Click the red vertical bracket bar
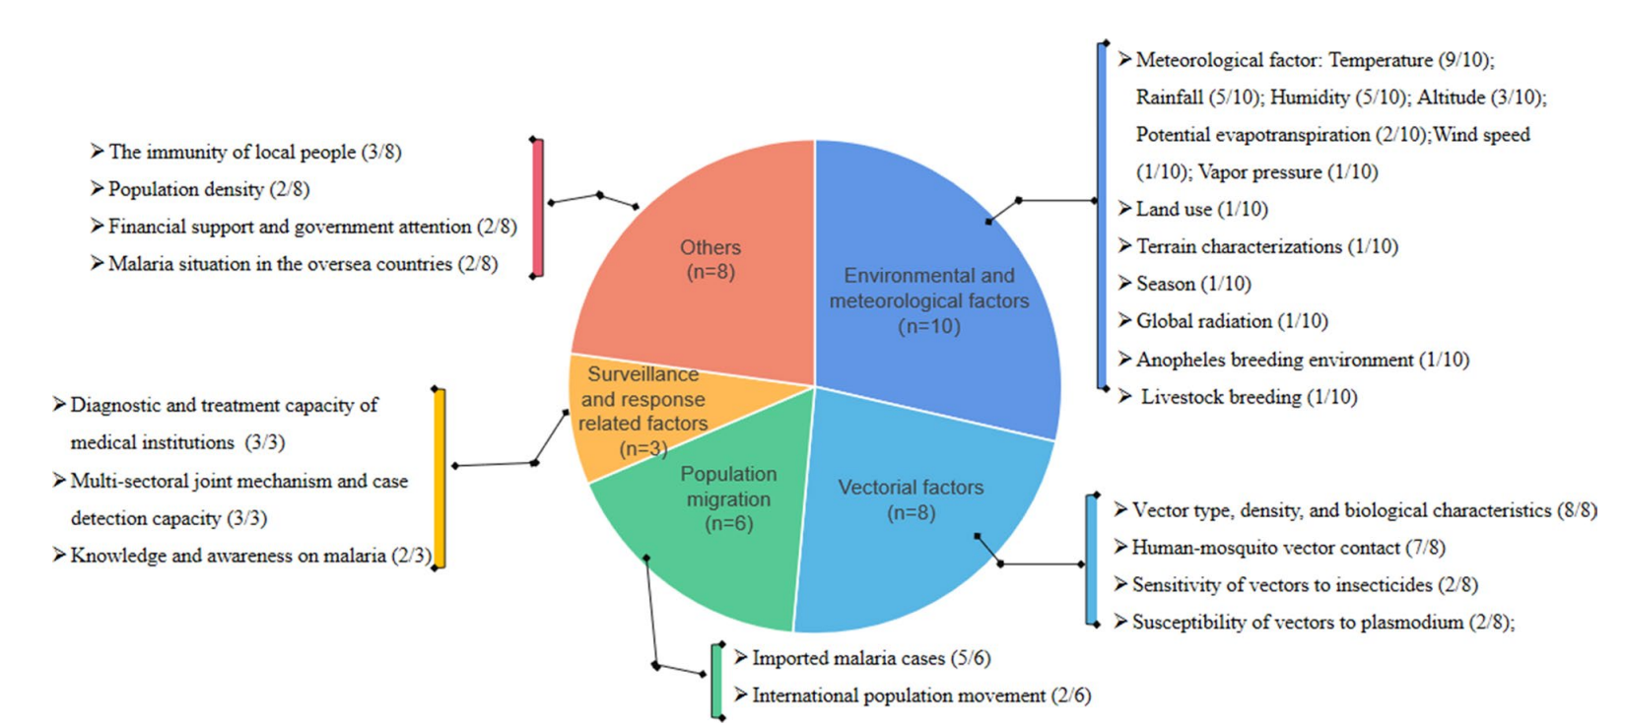(x=538, y=208)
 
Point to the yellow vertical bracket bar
(x=440, y=479)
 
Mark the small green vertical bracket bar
(x=717, y=681)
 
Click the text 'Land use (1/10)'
(x=1201, y=209)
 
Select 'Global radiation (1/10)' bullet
(x=1231, y=321)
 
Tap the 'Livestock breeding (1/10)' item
(x=1249, y=397)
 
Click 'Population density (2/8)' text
(x=208, y=189)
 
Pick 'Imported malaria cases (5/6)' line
(x=870, y=658)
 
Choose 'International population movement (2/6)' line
(x=920, y=695)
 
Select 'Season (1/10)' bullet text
(x=1192, y=284)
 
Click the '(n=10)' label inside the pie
(x=928, y=326)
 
